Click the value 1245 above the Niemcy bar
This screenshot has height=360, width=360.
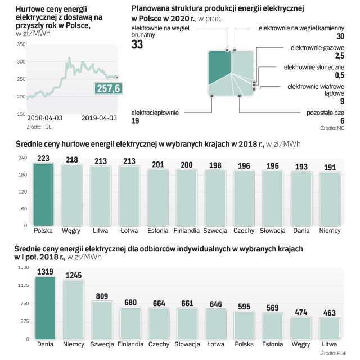coord(73,275)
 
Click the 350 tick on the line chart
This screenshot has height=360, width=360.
coord(21,44)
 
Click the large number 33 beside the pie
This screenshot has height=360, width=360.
coord(138,45)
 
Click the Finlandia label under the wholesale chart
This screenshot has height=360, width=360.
coord(186,231)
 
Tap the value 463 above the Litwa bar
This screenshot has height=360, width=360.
coord(328,313)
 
